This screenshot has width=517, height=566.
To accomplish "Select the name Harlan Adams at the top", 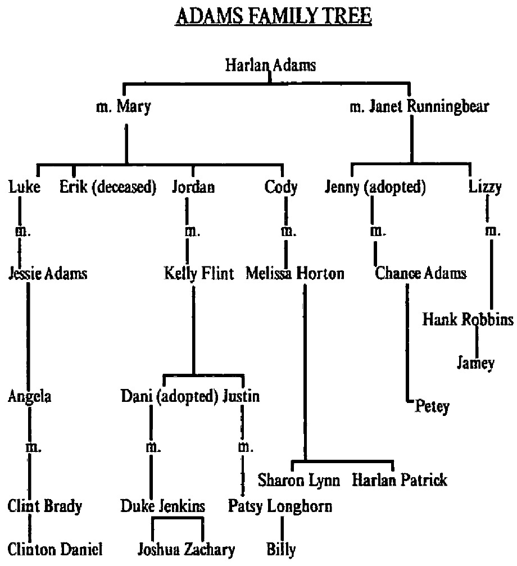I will (x=270, y=65).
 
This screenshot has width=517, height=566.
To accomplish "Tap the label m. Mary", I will (x=124, y=106).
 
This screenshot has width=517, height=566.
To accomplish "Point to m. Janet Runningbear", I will (x=419, y=106).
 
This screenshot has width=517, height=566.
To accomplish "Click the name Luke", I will (x=25, y=188).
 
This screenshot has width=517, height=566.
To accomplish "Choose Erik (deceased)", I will (x=107, y=188).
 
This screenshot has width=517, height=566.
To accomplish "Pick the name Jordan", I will (x=193, y=188).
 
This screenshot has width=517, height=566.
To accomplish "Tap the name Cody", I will (x=281, y=188).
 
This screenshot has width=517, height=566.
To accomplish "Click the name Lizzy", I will (x=484, y=188).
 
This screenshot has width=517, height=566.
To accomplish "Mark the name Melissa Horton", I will (x=295, y=274).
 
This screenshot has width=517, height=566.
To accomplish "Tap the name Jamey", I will (x=475, y=363).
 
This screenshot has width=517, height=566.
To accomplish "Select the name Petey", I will (x=432, y=406).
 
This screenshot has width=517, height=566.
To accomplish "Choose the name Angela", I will (x=30, y=397).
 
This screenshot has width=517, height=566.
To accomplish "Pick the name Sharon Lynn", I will (x=299, y=481).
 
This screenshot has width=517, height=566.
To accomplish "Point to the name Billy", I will (x=281, y=549).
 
